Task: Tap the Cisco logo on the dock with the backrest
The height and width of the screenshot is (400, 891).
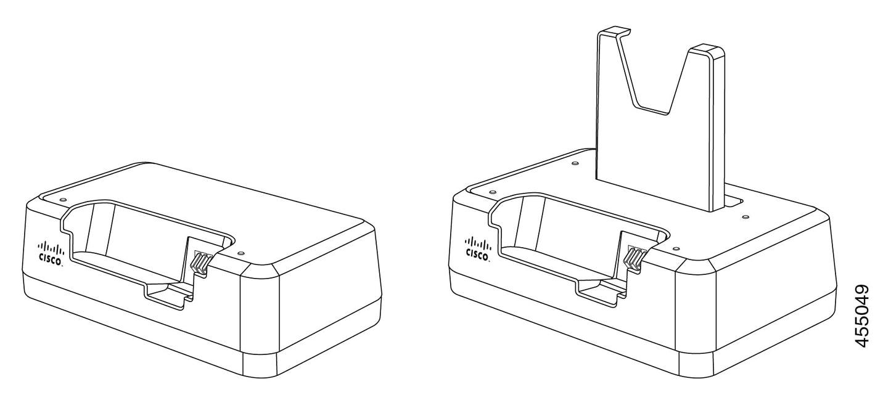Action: pos(478,247)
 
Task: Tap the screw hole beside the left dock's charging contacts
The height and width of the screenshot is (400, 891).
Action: pos(240,253)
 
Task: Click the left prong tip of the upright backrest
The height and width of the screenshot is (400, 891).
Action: pos(615,30)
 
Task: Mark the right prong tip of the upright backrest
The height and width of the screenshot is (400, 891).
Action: pos(707,49)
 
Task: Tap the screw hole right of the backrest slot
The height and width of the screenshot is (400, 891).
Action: pos(745,217)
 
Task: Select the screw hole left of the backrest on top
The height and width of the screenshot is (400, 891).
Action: pos(575,164)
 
